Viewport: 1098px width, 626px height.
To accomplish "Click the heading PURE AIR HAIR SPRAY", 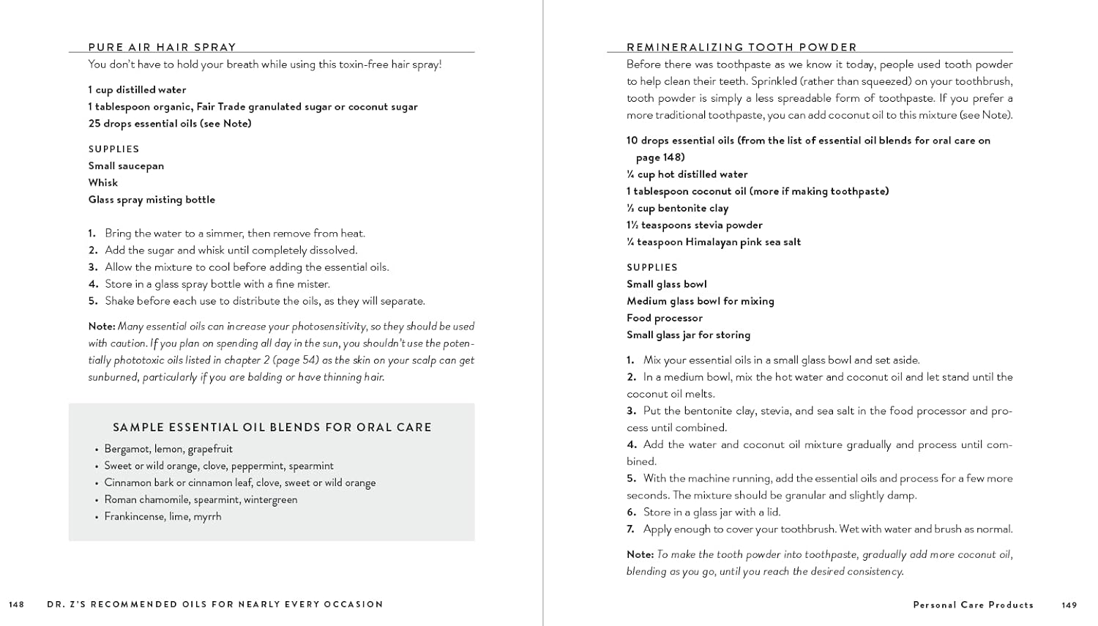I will pos(162,47).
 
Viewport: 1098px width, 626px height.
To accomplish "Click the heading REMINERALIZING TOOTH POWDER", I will pos(742,47).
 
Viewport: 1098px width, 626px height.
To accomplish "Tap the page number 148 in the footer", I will pos(16,605).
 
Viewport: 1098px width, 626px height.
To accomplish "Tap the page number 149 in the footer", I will pos(1069,605).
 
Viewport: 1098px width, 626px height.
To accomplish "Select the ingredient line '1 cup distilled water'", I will pos(137,90).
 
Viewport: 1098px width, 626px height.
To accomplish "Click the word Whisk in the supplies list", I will pos(103,183).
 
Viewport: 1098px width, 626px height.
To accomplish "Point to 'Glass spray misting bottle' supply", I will pos(152,200).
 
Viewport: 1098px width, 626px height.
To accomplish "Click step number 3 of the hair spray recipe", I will pos(93,267).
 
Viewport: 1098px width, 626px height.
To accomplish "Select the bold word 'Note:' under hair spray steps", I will pos(102,327).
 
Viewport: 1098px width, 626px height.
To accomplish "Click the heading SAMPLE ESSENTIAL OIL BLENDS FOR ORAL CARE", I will pos(272,428).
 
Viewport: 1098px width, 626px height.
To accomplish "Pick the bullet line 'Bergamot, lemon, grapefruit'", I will pos(168,449).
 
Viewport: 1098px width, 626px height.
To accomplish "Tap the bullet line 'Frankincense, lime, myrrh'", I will pos(163,516).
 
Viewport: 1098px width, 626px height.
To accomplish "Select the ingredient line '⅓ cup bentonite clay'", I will pos(678,208).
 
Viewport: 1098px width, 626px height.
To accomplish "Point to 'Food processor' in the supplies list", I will pos(665,318).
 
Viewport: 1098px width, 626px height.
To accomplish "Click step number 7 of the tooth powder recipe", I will pos(630,529).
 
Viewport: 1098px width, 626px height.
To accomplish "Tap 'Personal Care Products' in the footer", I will pos(974,605).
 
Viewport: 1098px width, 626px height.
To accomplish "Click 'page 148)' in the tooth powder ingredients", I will pos(660,157).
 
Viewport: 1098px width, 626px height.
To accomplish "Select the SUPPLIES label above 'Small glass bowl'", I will pos(652,267).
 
